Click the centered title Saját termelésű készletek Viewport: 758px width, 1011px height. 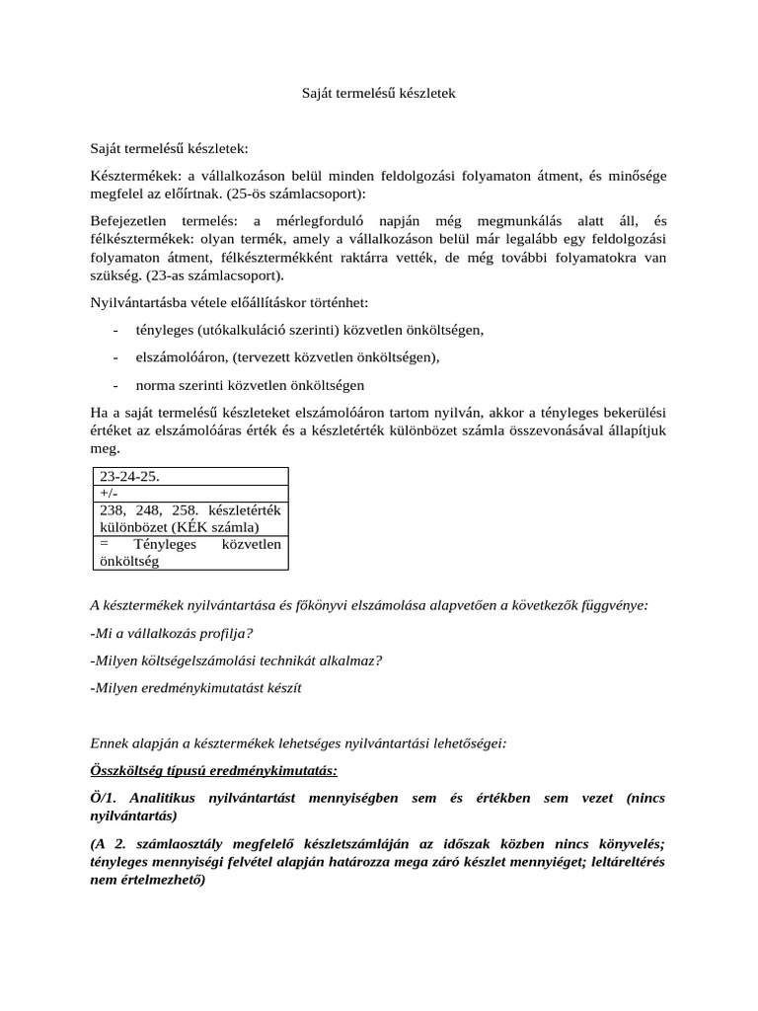(378, 93)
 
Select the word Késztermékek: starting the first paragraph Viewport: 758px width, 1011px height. (133, 176)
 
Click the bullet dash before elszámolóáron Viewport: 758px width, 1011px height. (116, 357)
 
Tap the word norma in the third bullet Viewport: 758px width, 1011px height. (155, 385)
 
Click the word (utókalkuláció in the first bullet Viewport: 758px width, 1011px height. (244, 330)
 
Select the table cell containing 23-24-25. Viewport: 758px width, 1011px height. (189, 477)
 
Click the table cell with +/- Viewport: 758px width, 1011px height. (189, 493)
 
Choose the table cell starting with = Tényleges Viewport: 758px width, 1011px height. (189, 553)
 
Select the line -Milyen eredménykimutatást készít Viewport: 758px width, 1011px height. (195, 687)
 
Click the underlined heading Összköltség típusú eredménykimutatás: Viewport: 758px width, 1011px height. (213, 769)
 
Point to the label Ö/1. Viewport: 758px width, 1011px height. (103, 797)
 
